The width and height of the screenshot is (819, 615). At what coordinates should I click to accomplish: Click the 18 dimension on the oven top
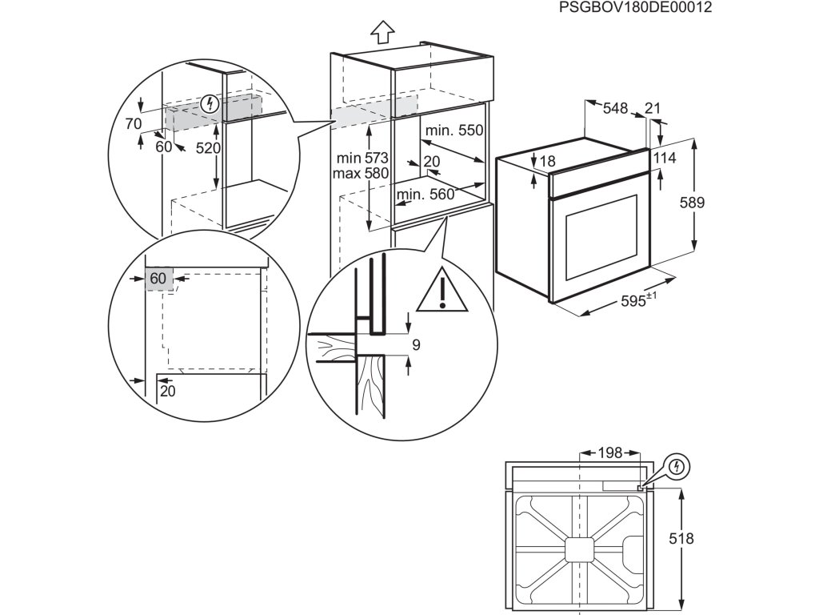click(547, 162)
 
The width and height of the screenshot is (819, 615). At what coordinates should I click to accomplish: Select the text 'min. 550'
click(454, 131)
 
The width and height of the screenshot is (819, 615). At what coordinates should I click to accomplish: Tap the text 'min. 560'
click(424, 194)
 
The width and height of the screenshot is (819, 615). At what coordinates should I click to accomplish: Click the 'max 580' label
click(362, 173)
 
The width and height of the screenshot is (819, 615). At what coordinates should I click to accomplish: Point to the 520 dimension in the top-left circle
click(208, 148)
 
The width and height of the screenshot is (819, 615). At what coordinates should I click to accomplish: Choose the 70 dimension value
click(134, 123)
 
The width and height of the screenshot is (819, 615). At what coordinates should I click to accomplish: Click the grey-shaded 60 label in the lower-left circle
click(158, 278)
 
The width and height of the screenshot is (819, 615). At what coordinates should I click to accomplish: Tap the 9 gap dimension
click(416, 345)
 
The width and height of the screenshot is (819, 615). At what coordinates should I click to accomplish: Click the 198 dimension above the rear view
click(609, 453)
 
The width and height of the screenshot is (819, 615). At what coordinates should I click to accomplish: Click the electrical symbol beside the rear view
click(677, 466)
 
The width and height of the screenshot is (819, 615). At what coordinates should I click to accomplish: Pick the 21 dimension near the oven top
click(652, 108)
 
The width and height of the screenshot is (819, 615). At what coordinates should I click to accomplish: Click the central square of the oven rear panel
click(579, 549)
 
